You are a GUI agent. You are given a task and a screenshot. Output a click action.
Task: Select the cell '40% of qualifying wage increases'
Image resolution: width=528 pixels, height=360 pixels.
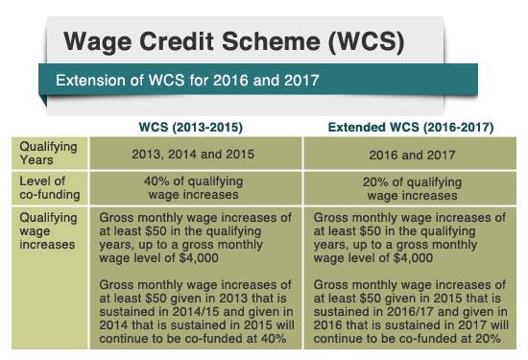(195, 188)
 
